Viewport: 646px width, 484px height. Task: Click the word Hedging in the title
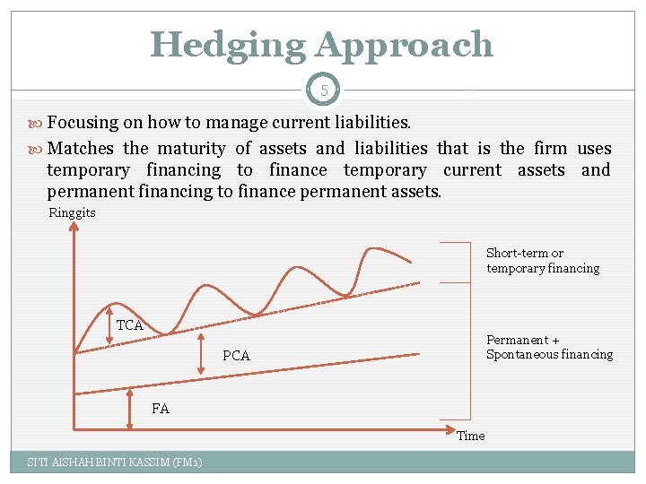pyautogui.click(x=228, y=44)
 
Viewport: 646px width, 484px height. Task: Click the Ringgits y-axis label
pyautogui.click(x=72, y=213)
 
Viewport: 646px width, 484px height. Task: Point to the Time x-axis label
pyautogui.click(x=471, y=436)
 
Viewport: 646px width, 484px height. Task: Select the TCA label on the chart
pyautogui.click(x=130, y=325)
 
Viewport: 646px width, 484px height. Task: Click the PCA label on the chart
pyautogui.click(x=236, y=356)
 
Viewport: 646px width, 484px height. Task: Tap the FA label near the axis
pyautogui.click(x=160, y=409)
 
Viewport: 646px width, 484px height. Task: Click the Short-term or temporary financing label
pyautogui.click(x=542, y=261)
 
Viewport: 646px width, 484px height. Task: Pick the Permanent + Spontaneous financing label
pyautogui.click(x=549, y=347)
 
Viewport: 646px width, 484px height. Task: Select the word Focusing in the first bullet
pyautogui.click(x=82, y=122)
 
